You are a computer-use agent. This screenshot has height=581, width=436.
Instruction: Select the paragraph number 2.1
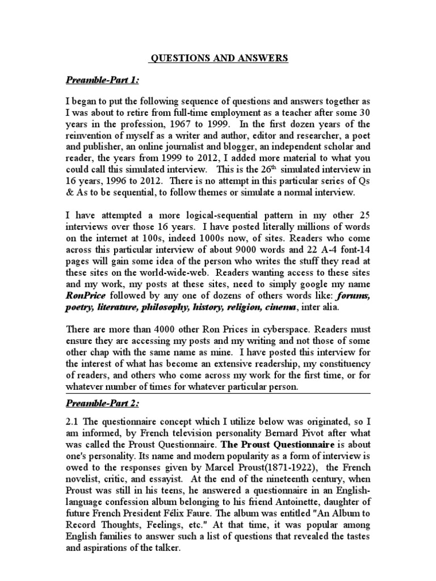click(74, 426)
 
